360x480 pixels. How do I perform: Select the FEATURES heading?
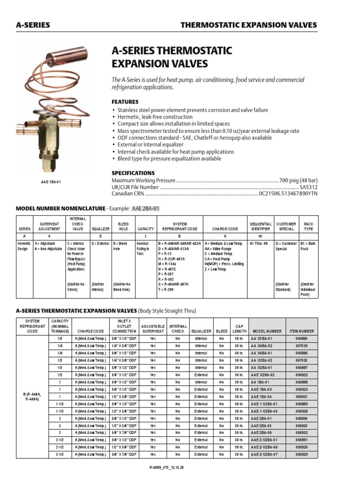pyautogui.click(x=125, y=102)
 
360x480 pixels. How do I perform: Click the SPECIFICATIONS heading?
pyautogui.click(x=133, y=172)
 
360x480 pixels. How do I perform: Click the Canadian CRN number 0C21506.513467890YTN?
pyautogui.click(x=288, y=194)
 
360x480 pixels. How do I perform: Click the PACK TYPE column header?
pyautogui.click(x=308, y=226)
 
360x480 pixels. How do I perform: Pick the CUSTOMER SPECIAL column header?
pyautogui.click(x=286, y=226)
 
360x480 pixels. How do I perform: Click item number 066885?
pyautogui.click(x=302, y=338)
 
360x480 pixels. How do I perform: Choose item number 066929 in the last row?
pyautogui.click(x=302, y=454)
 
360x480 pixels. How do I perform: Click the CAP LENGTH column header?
pyautogui.click(x=239, y=328)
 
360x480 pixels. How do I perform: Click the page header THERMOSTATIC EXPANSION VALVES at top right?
pyautogui.click(x=248, y=25)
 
